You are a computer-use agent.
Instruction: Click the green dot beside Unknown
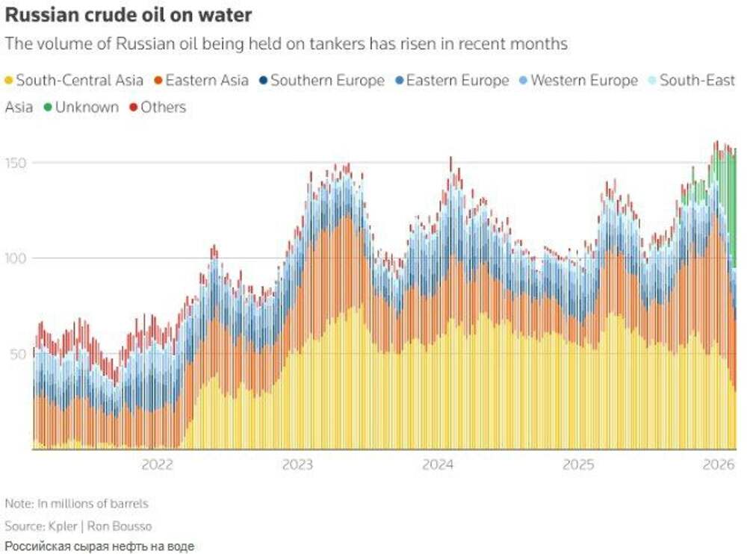tap(49, 108)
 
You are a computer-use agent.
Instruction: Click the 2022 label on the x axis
tap(157, 464)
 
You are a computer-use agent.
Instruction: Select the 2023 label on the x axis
tap(297, 464)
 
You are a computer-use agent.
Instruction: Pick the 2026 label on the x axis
tap(718, 464)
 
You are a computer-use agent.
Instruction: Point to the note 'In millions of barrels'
tap(91, 503)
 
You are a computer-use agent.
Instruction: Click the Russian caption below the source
tap(99, 547)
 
